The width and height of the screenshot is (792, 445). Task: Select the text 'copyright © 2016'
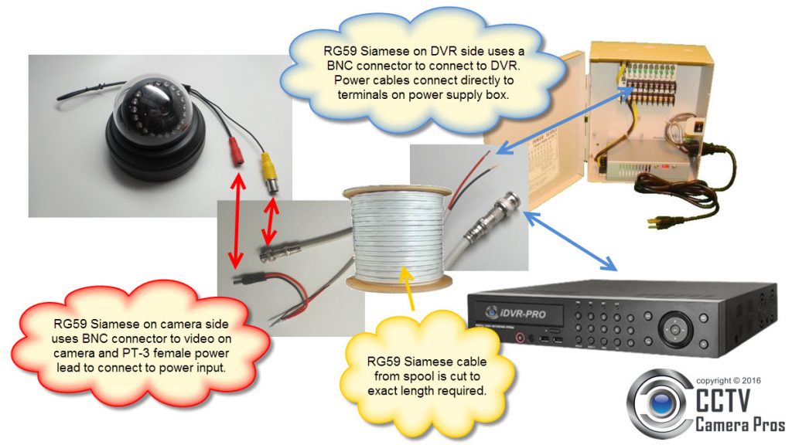click(729, 380)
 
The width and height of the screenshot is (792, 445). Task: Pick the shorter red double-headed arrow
click(270, 222)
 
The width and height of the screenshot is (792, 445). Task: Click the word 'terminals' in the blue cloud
click(363, 95)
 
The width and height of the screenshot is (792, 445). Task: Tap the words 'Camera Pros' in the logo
click(739, 423)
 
